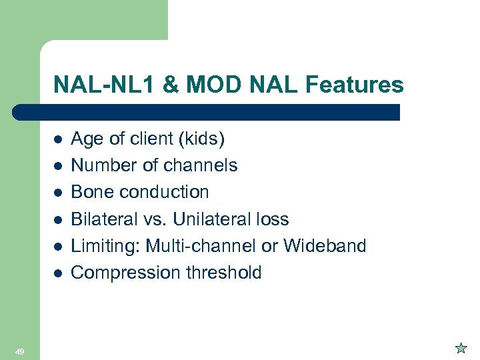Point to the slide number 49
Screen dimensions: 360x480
[20, 351]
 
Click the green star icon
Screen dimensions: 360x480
[460, 347]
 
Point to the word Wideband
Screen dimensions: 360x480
[325, 246]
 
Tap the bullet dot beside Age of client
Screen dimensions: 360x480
[58, 139]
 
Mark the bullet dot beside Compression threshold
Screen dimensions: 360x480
[58, 273]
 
